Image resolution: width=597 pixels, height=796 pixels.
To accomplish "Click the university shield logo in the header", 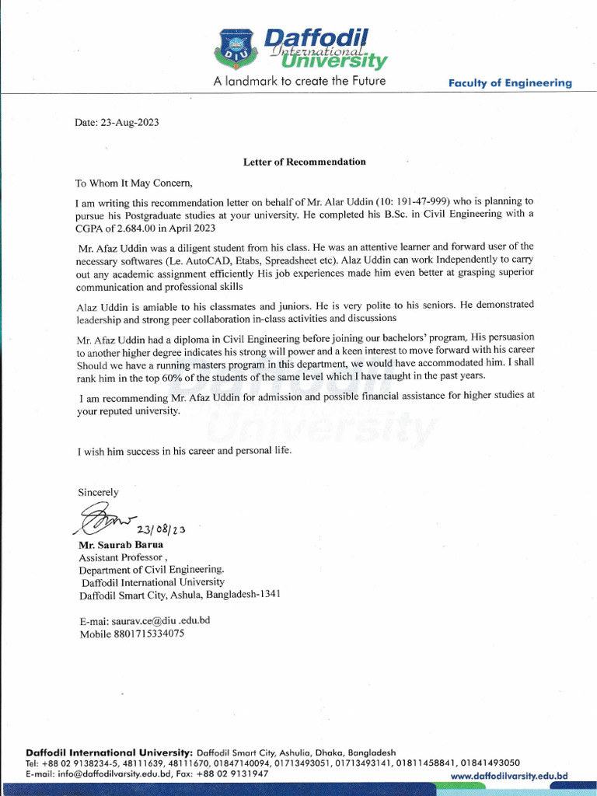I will click(236, 47).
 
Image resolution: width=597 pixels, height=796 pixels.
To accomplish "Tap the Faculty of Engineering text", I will click(510, 83).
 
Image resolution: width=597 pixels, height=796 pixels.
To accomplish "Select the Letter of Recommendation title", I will click(304, 162).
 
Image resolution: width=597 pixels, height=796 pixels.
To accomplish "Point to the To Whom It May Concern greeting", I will click(133, 183).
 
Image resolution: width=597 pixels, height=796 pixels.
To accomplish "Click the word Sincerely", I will click(98, 492).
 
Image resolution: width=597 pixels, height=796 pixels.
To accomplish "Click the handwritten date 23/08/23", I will click(161, 530).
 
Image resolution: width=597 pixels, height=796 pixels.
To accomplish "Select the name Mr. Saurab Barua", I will click(120, 544).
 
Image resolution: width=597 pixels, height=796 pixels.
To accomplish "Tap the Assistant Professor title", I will click(121, 557).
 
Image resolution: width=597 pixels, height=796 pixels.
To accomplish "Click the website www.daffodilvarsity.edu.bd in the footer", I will click(509, 776).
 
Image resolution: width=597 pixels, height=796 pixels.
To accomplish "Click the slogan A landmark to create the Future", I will click(299, 81).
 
